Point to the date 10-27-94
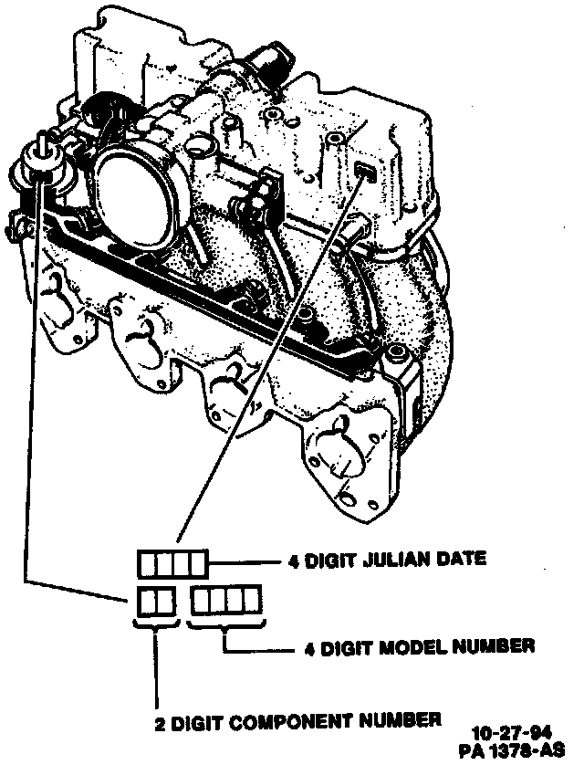pyautogui.click(x=512, y=732)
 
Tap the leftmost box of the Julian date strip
pyautogui.click(x=148, y=564)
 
